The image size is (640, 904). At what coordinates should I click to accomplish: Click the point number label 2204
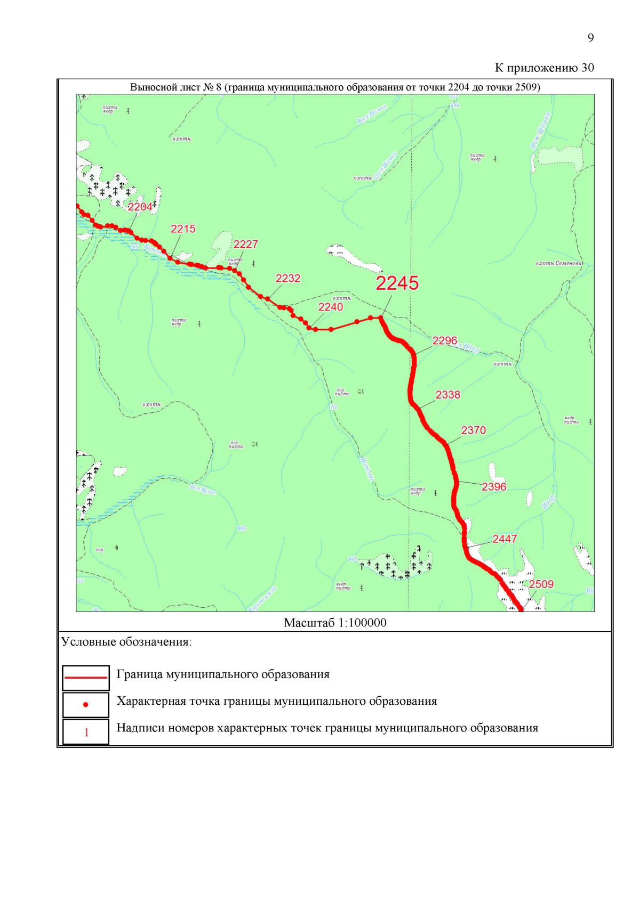click(140, 207)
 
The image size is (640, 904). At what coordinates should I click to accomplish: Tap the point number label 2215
click(183, 229)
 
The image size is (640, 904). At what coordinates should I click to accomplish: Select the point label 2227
click(245, 244)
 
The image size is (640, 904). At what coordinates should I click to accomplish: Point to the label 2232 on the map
click(287, 278)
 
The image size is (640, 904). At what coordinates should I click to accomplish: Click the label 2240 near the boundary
click(331, 307)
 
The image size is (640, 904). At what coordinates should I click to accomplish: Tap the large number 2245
click(397, 283)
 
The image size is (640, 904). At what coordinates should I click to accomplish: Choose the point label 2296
click(445, 340)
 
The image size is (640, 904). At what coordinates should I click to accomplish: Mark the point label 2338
click(447, 395)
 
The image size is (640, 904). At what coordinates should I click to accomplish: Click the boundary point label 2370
click(474, 430)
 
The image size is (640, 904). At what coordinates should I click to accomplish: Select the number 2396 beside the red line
click(494, 486)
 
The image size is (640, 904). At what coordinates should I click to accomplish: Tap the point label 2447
click(505, 539)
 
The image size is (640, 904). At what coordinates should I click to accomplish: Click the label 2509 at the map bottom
click(541, 584)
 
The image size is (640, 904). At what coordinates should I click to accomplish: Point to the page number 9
click(590, 38)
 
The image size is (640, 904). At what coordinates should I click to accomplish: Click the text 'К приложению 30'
click(544, 68)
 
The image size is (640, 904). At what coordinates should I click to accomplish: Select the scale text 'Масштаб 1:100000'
click(335, 623)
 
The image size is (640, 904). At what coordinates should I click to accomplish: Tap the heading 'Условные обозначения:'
click(126, 642)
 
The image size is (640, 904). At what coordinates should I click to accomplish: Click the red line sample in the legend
click(86, 678)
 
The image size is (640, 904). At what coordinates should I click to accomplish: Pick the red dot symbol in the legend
click(86, 705)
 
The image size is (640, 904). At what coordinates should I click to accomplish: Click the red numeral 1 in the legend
click(86, 732)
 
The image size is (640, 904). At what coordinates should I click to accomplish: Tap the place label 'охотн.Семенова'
click(559, 263)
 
